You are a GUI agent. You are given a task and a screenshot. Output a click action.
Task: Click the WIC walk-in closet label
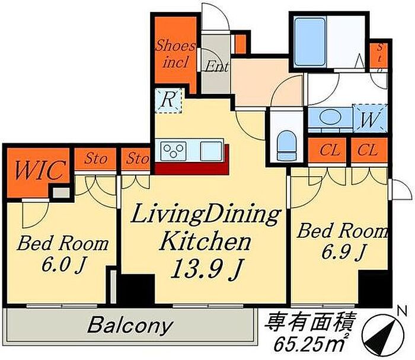click(x=40, y=170)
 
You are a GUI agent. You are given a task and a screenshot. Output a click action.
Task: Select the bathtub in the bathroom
click(x=309, y=42)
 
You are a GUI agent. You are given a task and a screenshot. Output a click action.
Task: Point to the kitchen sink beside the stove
click(x=211, y=151)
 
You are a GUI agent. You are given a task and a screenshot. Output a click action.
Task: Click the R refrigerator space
click(x=168, y=100)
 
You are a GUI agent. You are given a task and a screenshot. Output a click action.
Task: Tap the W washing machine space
click(x=371, y=118)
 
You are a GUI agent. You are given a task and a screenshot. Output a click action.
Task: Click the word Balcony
click(x=130, y=326)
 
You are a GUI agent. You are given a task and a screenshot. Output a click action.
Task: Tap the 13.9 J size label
click(x=206, y=269)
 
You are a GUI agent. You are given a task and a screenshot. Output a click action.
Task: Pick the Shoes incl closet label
click(x=175, y=54)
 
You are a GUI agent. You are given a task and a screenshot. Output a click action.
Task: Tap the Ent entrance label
click(x=216, y=66)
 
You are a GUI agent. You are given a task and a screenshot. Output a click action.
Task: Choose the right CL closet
click(x=368, y=150)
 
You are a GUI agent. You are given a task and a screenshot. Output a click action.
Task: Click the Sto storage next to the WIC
click(x=95, y=159)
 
